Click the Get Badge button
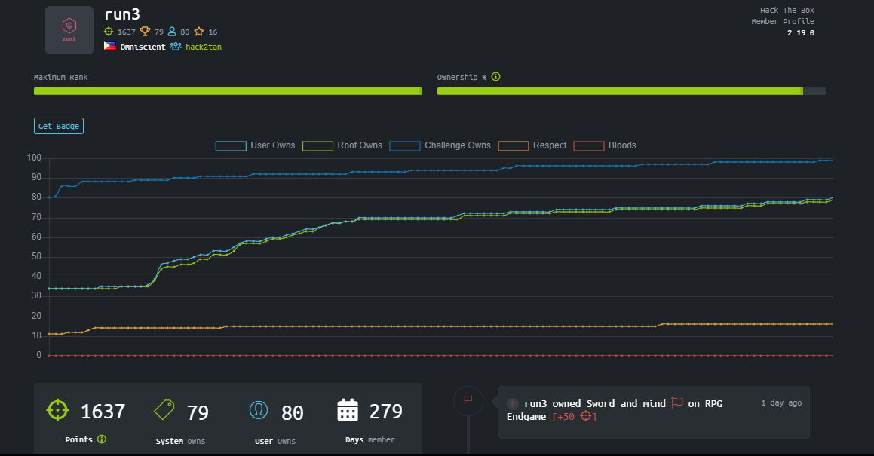(59, 126)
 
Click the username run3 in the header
(122, 14)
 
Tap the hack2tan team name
(204, 47)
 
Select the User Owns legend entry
(256, 145)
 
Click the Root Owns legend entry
(342, 145)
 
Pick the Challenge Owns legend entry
(440, 145)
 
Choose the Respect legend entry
(532, 145)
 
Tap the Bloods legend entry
(605, 145)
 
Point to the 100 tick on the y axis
(34, 158)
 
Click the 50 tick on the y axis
(36, 256)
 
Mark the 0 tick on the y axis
(39, 355)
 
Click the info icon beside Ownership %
(495, 77)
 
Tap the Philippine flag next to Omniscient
(110, 46)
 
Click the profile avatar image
(69, 30)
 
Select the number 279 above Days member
(385, 412)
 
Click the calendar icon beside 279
(348, 410)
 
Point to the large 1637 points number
(103, 412)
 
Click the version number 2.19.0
(800, 33)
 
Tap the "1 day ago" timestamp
(781, 402)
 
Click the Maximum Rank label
(61, 77)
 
